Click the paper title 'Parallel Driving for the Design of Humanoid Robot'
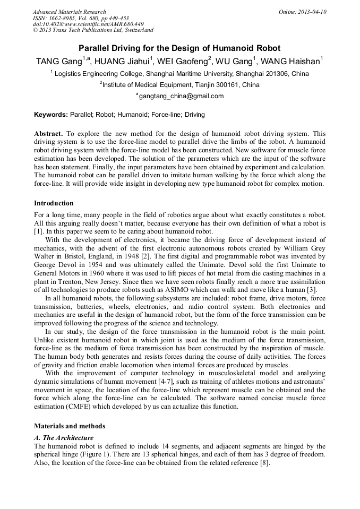point(179,48)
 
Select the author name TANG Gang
point(56,61)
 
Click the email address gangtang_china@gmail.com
point(181,96)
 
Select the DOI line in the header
point(88,24)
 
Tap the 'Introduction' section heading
point(54,203)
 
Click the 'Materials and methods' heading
point(70,426)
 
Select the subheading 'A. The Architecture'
point(64,438)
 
